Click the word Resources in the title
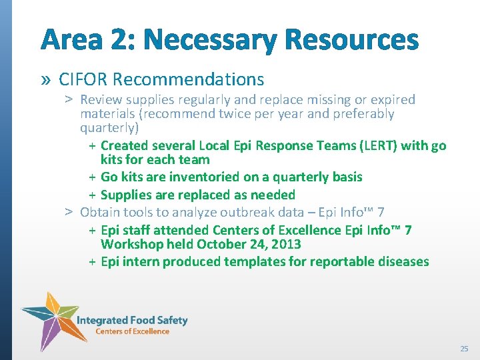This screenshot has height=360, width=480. click(x=351, y=40)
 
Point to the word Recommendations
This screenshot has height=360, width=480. click(x=189, y=79)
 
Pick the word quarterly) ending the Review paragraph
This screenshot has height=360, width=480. click(x=109, y=127)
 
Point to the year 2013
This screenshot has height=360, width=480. click(x=287, y=244)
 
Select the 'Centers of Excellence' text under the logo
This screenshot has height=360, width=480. click(x=132, y=331)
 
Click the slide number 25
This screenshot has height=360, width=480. click(x=464, y=349)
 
